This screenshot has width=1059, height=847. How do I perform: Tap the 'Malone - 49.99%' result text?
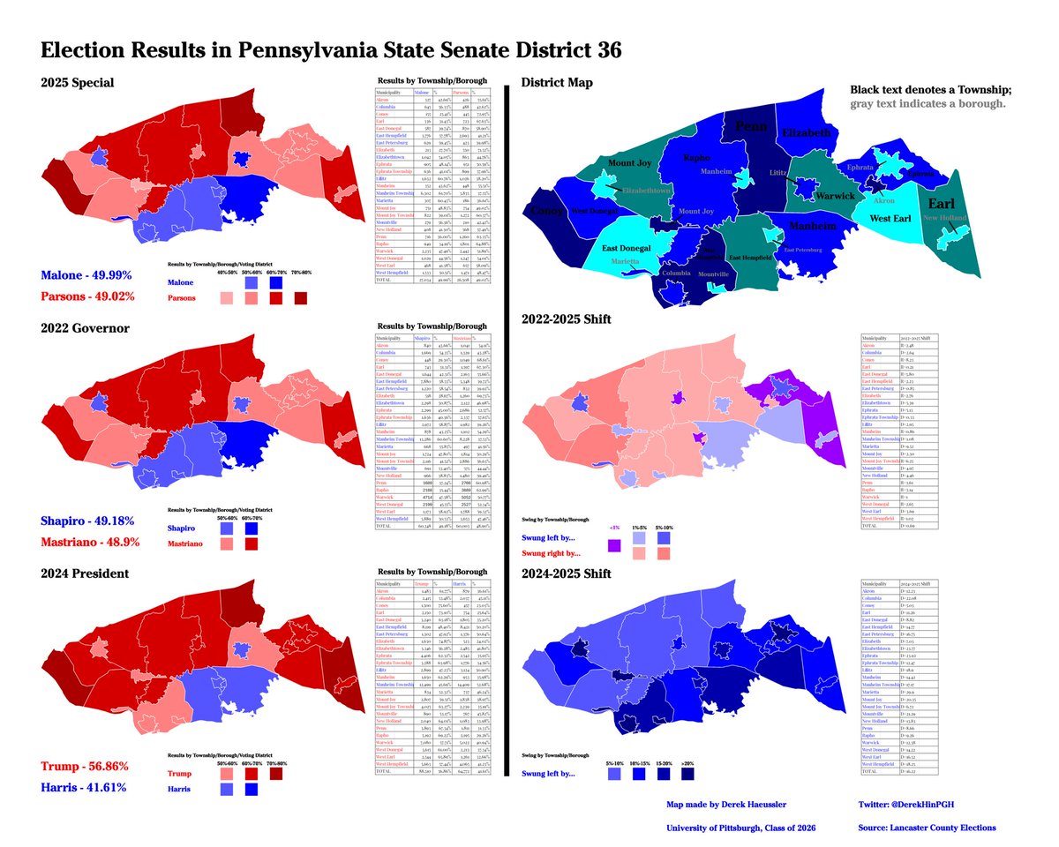coord(86,276)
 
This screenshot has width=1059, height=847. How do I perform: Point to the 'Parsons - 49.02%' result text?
coord(86,296)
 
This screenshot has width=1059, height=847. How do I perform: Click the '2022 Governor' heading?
coord(85,328)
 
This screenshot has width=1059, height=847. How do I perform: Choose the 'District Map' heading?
coord(557,83)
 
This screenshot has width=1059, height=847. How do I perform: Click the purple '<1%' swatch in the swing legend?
coord(614,547)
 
